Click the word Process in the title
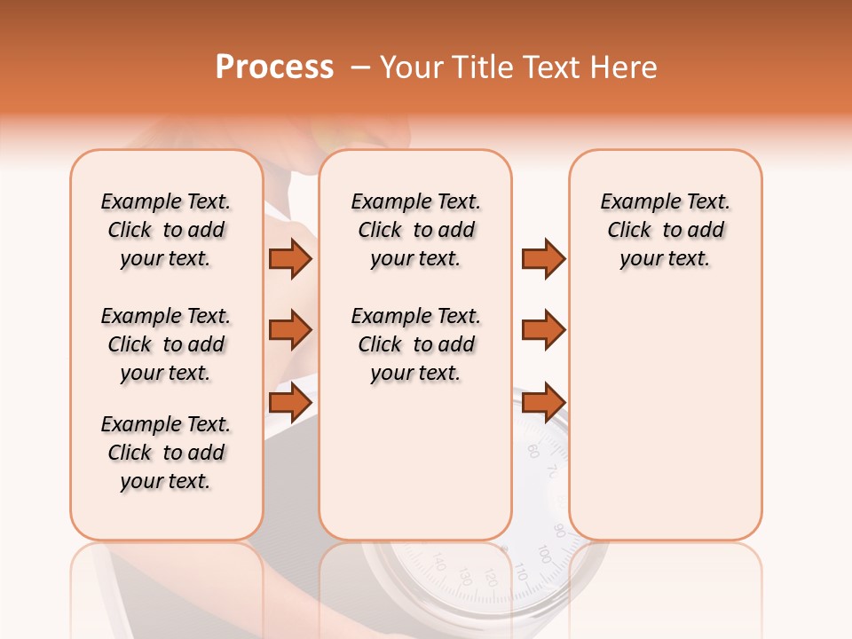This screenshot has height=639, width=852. coord(274,67)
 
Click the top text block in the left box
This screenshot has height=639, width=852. coord(166,230)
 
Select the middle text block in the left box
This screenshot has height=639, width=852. coord(166,344)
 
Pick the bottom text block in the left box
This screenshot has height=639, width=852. coord(166,453)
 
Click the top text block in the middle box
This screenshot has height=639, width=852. coord(415,230)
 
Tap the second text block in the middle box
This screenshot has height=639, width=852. coord(415,344)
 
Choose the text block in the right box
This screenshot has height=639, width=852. coord(665,230)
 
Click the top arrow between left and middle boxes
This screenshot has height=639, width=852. coord(290,258)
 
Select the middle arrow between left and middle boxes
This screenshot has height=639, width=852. coord(290,330)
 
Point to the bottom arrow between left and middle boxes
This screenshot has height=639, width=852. coord(290,402)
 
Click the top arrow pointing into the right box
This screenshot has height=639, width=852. coord(543,258)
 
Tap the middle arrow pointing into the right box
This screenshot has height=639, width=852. coord(543,330)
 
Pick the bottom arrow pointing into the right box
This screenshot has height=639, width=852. coord(543,402)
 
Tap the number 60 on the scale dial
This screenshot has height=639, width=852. coord(532,450)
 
